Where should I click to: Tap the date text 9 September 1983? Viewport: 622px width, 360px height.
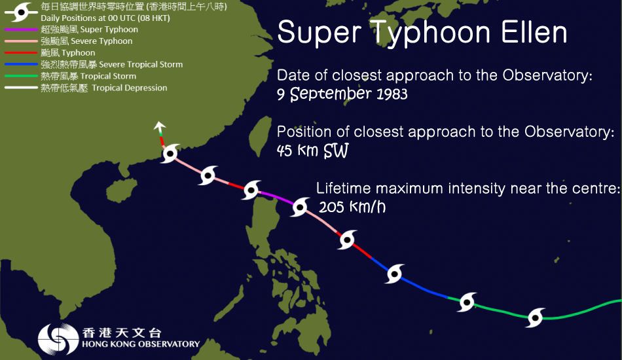tap(342, 94)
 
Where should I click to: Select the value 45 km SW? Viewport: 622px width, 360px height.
tap(312, 151)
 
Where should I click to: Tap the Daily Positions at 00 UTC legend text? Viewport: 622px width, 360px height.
tap(92, 18)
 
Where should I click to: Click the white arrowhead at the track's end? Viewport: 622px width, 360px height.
tap(158, 126)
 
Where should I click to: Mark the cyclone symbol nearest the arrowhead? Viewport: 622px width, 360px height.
tap(170, 155)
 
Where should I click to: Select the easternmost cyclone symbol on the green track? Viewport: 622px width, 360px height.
tap(536, 317)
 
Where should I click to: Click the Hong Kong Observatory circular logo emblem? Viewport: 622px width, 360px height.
tap(56, 339)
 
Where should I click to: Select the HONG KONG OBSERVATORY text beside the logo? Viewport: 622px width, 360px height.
tap(141, 344)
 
